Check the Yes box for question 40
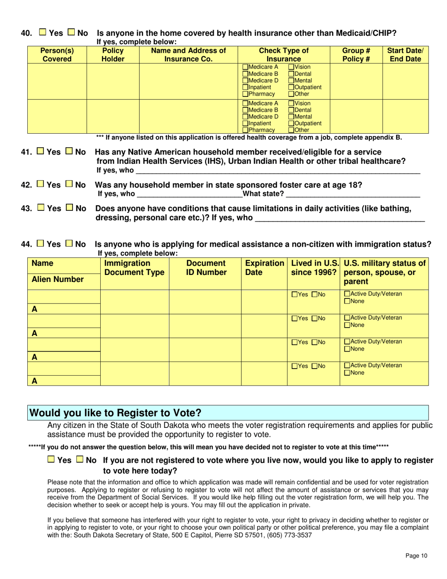click(x=42, y=33)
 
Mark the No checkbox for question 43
click(x=69, y=208)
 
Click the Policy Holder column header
click(x=113, y=55)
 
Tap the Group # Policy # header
click(x=356, y=55)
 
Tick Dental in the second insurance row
click(x=291, y=110)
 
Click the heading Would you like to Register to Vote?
click(x=116, y=413)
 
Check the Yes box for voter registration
click(x=51, y=460)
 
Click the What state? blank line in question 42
click(x=353, y=194)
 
